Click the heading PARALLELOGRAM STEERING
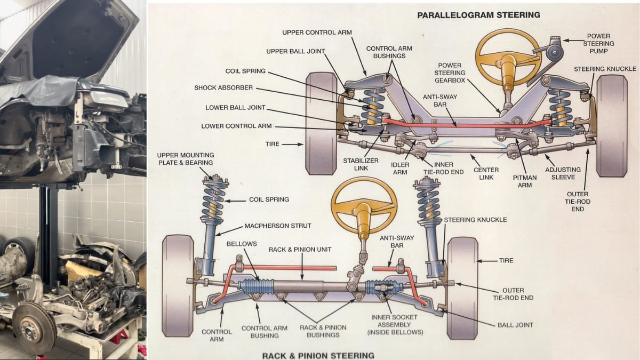coord(478,15)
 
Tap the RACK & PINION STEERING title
coord(318,355)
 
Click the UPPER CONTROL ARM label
coord(317,33)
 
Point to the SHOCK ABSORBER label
coord(223,88)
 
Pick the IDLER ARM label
coord(400,169)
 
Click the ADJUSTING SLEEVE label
coord(563,173)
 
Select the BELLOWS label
coord(242,244)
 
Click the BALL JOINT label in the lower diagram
coord(515,325)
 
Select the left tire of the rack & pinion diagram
coord(178,285)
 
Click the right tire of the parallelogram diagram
coord(612,126)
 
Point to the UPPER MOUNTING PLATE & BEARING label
coord(185,158)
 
